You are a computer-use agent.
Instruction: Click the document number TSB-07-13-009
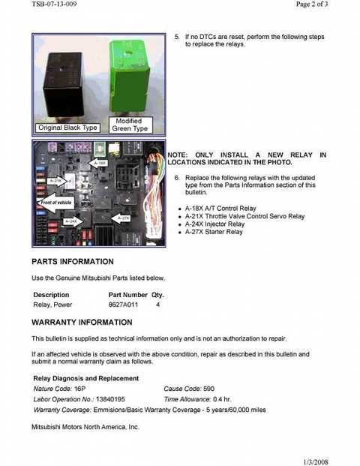pos(54,5)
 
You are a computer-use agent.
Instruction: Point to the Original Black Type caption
pos(68,128)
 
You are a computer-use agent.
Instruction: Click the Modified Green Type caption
pos(130,125)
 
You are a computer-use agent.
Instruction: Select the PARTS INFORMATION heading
pos(73,262)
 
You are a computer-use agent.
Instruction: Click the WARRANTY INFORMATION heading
pos(82,323)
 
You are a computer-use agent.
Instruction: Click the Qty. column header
pos(157,295)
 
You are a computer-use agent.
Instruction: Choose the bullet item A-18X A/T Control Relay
pos(220,208)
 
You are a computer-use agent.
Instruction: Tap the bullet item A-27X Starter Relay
pos(214,233)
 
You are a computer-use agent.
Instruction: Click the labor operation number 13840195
pos(110,399)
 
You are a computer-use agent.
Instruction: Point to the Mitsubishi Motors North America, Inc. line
pos(85,426)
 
